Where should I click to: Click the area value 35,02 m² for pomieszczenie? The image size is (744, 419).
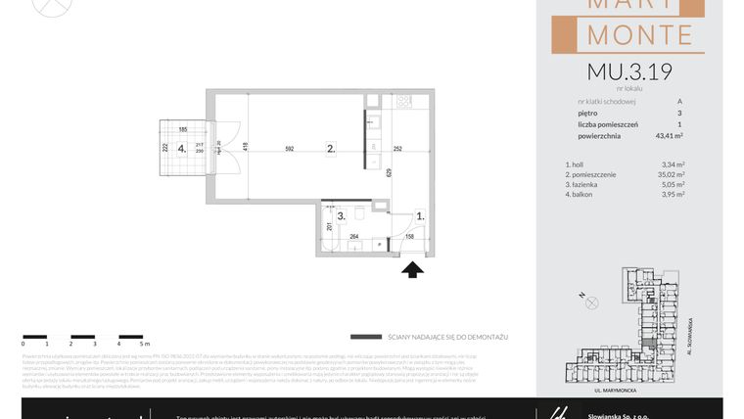672,173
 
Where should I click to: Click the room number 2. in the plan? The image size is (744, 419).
331,149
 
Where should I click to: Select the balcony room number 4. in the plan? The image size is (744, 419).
181,150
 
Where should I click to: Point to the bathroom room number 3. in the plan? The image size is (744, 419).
341,215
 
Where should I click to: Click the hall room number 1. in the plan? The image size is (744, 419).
420,215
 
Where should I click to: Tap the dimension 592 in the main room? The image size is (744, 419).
289,149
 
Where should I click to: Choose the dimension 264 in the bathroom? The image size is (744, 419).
354,235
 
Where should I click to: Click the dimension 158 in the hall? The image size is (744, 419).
410,235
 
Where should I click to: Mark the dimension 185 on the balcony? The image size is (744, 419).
182,129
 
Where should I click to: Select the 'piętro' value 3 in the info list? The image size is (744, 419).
679,113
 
